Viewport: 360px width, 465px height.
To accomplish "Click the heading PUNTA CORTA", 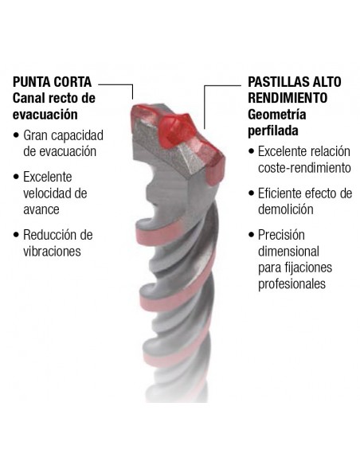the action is (x=53, y=82).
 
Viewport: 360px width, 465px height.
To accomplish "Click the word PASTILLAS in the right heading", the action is (x=278, y=82).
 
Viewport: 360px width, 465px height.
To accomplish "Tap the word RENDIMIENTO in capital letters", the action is (x=288, y=98).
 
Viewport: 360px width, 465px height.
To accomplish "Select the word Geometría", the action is (x=276, y=115).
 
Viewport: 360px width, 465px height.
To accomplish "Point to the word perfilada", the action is (x=273, y=131).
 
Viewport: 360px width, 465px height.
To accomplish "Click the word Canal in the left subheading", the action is (x=28, y=98).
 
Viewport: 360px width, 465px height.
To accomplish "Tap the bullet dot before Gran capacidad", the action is (x=16, y=135).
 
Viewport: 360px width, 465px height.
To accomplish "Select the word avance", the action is (x=41, y=210).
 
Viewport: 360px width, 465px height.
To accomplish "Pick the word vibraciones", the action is (x=52, y=251).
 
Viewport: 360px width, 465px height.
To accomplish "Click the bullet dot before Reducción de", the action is (x=16, y=235).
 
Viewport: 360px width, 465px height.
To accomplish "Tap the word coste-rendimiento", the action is (x=304, y=168).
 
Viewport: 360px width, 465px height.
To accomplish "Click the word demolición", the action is (x=286, y=209).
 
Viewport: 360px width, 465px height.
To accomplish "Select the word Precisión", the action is (x=281, y=235).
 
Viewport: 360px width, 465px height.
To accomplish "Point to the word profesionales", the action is (x=292, y=283).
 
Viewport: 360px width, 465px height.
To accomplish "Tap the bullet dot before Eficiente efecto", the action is (x=252, y=193).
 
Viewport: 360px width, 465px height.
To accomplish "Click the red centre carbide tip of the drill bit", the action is (x=175, y=131).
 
